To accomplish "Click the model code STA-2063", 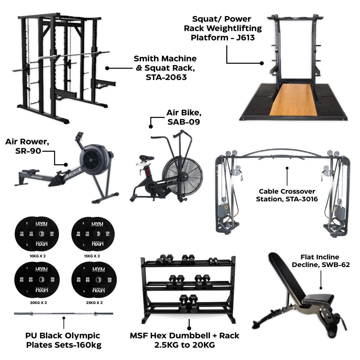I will pyautogui.click(x=165, y=77).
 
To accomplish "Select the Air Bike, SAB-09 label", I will pyautogui.click(x=183, y=117).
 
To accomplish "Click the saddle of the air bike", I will pyautogui.click(x=147, y=158).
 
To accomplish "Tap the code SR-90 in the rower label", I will pyautogui.click(x=28, y=151).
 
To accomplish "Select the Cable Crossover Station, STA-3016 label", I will pyautogui.click(x=287, y=195).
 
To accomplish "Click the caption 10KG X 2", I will pyautogui.click(x=36, y=256).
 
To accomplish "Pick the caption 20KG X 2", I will pyautogui.click(x=36, y=303).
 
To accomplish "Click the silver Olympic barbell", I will pyautogui.click(x=63, y=314).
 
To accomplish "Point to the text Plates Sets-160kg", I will pyautogui.click(x=64, y=345).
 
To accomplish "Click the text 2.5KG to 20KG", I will pyautogui.click(x=184, y=345).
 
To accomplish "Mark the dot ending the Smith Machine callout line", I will pyautogui.click(x=107, y=68).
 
